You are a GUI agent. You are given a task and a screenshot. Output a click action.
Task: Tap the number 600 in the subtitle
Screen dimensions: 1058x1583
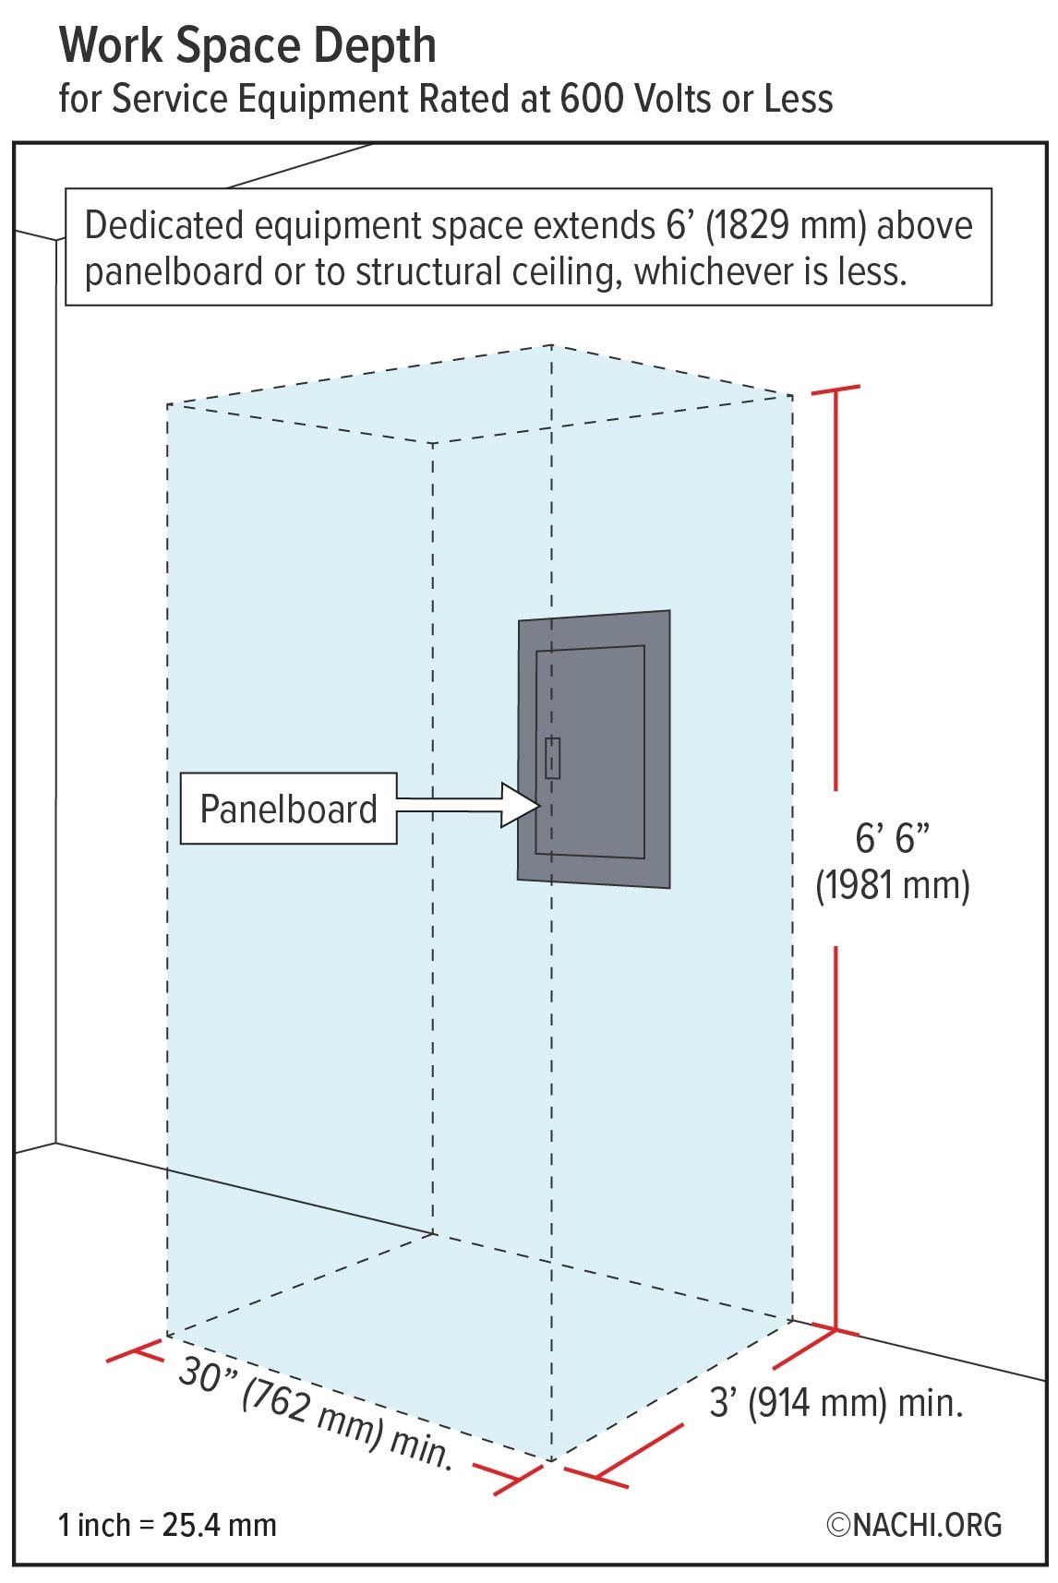(590, 99)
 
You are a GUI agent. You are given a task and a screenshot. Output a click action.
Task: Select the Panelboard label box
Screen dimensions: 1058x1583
(288, 809)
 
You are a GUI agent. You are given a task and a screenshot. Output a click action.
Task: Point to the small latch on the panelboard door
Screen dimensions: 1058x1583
(552, 758)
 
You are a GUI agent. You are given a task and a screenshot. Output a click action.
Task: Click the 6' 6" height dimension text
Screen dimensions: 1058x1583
(892, 838)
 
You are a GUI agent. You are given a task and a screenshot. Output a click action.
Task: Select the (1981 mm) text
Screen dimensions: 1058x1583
(893, 886)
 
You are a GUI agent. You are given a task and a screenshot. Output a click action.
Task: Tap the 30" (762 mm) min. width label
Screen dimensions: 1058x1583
(315, 1414)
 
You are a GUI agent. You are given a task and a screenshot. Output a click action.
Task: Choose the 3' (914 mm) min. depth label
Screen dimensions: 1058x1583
(836, 1404)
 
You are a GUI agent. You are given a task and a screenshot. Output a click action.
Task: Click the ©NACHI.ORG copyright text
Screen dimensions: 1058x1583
(914, 1525)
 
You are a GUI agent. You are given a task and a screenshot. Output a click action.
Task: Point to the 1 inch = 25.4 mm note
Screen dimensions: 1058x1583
(167, 1525)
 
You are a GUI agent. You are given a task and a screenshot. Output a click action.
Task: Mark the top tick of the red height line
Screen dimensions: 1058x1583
(836, 390)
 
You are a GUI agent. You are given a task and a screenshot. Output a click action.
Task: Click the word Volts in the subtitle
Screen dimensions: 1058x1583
(669, 99)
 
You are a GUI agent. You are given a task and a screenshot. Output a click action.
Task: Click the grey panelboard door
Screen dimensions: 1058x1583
(590, 751)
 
